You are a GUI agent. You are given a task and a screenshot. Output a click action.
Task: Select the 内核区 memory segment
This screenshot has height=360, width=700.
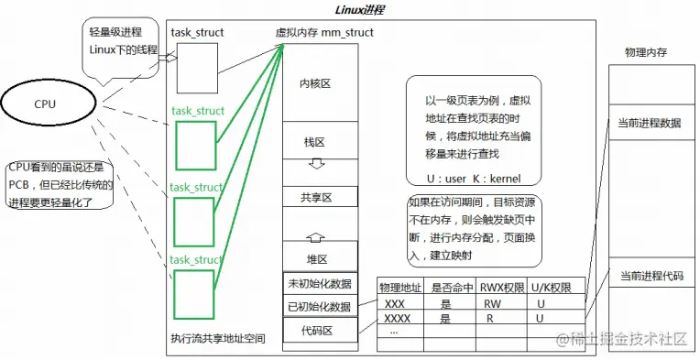click(315, 83)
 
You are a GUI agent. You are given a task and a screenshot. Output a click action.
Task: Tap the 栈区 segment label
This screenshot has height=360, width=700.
click(315, 143)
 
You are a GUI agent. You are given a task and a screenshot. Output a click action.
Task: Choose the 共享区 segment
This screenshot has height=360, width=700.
click(315, 197)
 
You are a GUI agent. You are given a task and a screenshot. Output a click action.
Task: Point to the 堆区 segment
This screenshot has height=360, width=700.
click(317, 257)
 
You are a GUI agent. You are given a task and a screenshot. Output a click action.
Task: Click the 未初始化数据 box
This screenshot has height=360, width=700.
click(319, 283)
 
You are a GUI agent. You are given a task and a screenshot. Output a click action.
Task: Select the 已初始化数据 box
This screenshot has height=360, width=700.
click(319, 306)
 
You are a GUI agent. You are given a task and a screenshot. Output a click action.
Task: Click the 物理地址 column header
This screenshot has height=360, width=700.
click(400, 289)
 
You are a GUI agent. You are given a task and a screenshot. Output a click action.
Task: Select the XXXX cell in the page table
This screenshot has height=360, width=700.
click(398, 319)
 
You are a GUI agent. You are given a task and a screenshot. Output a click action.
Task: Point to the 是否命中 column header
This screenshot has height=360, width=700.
click(450, 289)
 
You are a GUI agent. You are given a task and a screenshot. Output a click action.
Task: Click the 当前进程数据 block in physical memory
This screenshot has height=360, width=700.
click(650, 123)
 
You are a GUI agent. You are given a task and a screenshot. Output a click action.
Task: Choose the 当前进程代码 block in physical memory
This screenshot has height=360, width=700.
click(650, 276)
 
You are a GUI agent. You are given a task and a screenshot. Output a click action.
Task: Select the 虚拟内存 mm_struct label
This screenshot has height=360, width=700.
click(323, 33)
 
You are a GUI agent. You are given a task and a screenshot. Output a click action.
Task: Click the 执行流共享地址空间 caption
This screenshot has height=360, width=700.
click(218, 338)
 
